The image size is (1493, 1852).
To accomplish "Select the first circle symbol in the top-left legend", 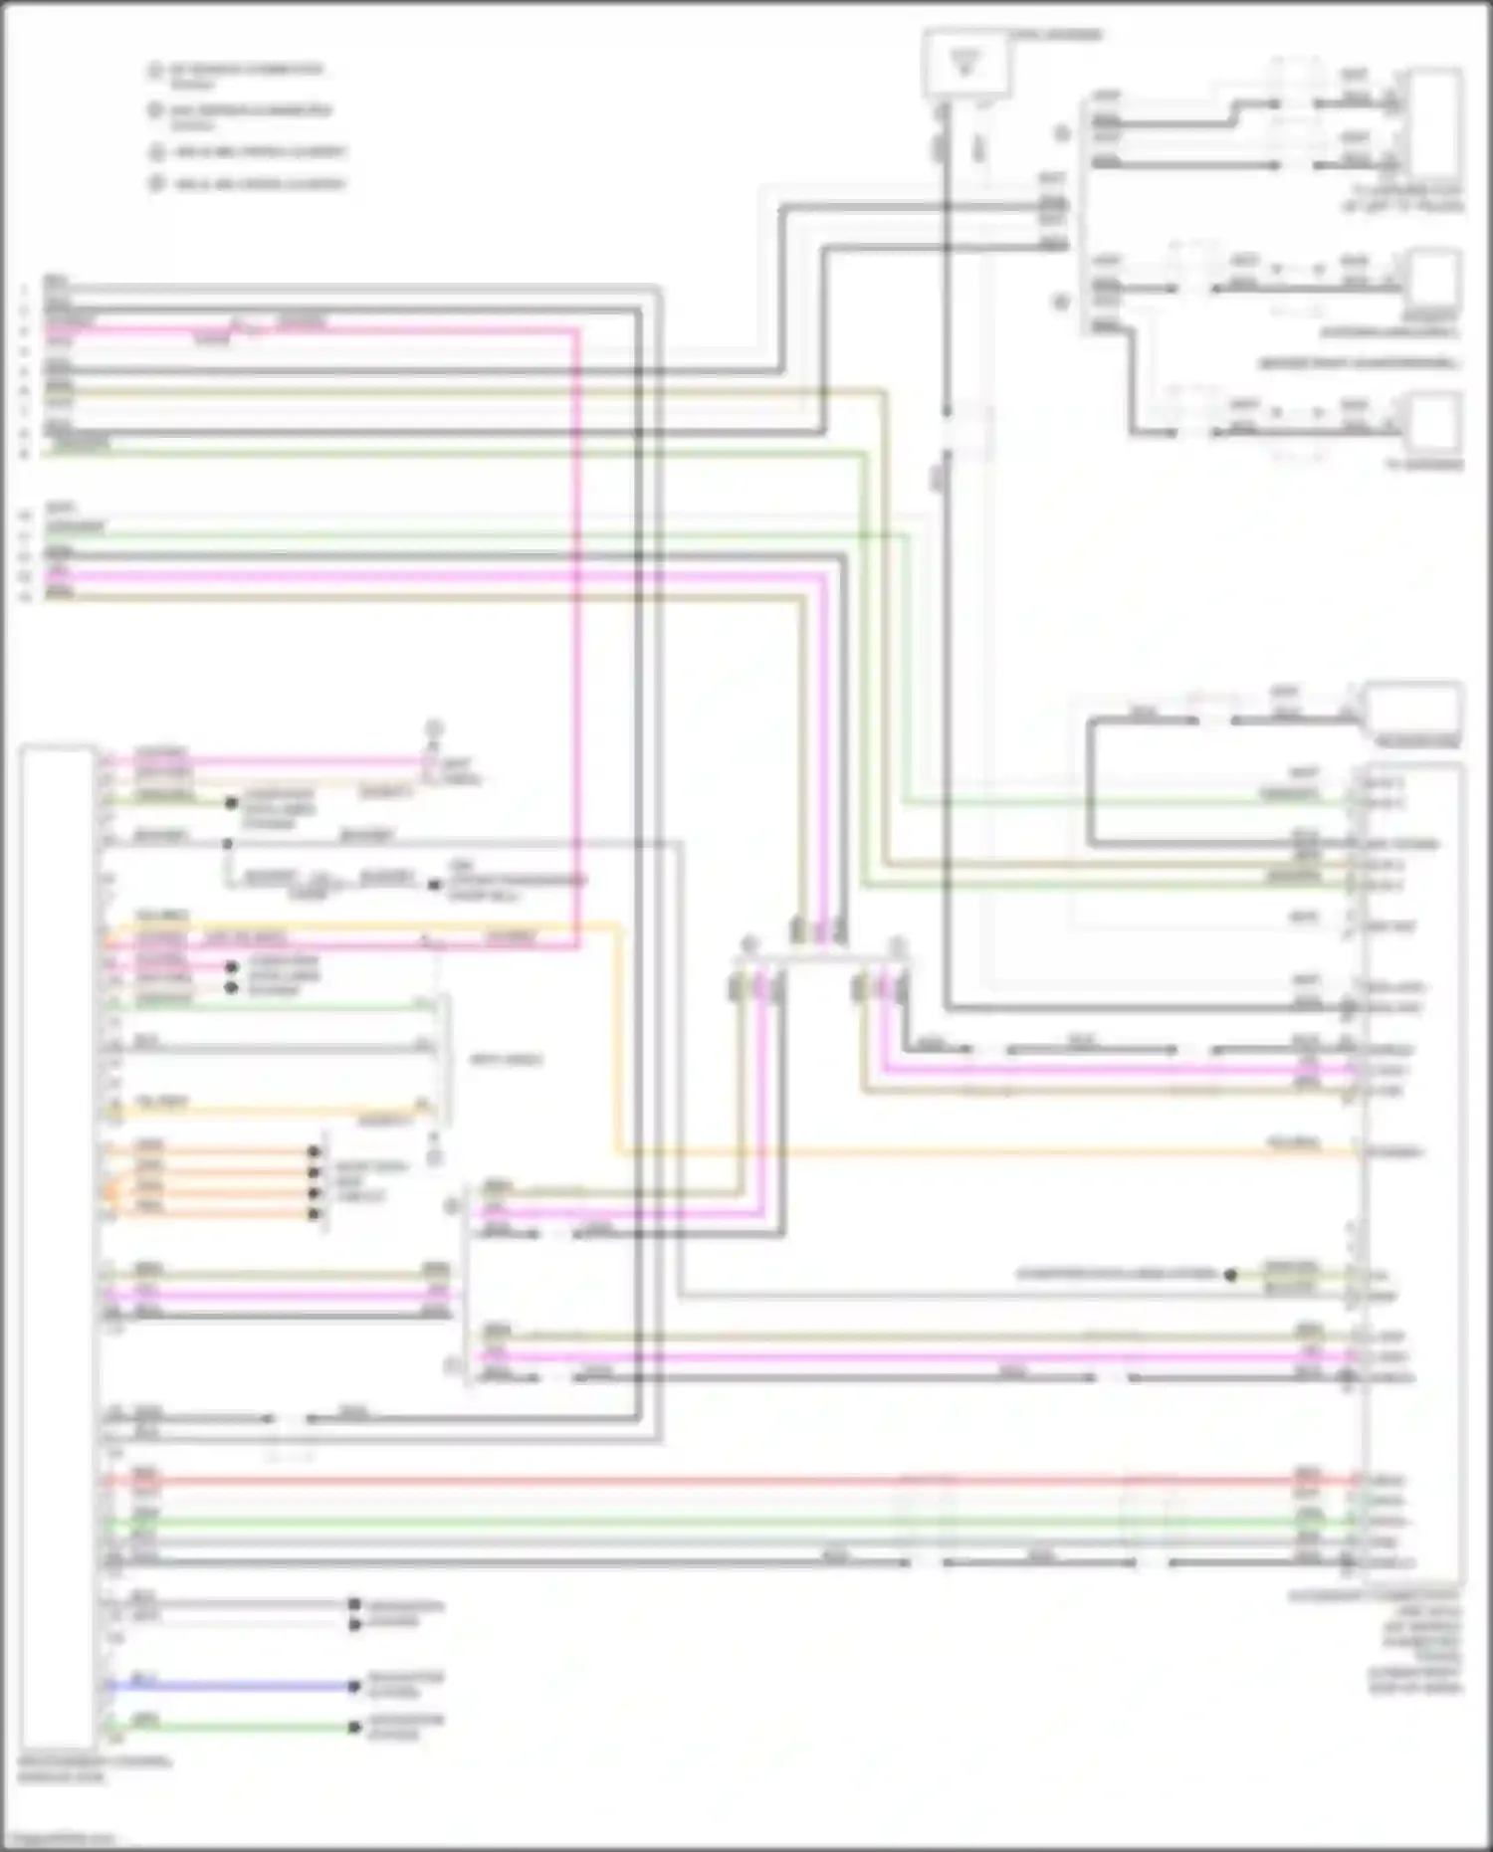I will point(155,71).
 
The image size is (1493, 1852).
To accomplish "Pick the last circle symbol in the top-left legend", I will point(155,184).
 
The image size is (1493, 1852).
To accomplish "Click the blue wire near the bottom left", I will point(229,1686).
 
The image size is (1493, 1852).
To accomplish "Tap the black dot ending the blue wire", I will point(354,1686).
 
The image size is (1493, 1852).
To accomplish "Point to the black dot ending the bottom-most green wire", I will point(354,1728).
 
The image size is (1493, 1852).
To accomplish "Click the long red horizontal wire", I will point(697,1481).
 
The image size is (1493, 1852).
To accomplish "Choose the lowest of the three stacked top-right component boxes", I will point(1433,423).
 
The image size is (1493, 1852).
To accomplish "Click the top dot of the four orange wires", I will point(315,1151).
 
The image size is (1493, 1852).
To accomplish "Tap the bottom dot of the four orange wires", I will point(315,1214).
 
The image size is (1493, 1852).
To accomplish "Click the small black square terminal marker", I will point(434,885).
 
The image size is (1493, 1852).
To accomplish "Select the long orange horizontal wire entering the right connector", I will point(995,1153).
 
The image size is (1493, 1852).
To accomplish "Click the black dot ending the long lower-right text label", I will point(1231,1275).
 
